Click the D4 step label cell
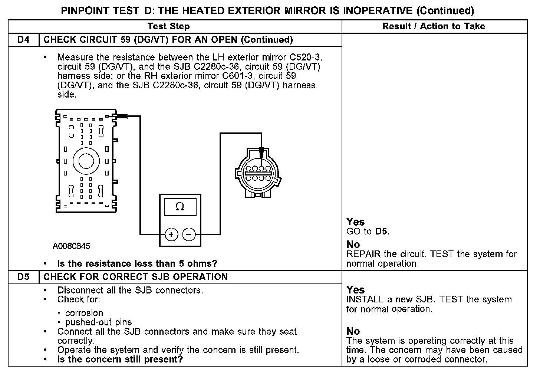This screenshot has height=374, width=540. coord(23,40)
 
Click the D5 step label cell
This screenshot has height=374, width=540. coord(23,277)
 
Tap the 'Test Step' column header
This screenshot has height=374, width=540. coord(168,26)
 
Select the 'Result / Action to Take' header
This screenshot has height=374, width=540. coord(434,26)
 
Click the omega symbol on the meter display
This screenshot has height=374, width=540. coord(180,207)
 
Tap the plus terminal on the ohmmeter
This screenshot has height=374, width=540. coord(171,234)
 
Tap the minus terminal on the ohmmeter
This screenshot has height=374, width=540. coord(189,234)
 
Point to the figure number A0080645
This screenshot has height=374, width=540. coord(71,246)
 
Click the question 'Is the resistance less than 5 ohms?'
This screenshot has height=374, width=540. coord(137,263)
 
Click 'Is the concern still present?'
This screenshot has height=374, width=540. coord(120,359)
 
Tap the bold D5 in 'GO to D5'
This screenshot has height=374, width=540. coord(381,232)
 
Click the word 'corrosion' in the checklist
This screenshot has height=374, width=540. coord(84,313)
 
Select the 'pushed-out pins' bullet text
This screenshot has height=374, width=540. coord(98,322)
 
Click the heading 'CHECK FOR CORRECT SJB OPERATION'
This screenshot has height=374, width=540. coord(135,277)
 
